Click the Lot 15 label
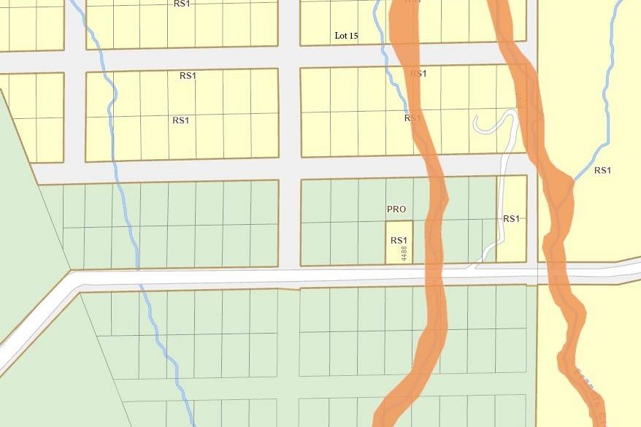pos(346,36)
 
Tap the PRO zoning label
pos(396,209)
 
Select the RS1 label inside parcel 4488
pos(398,240)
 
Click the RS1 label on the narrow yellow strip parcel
pos(511,218)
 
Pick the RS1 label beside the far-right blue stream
pos(602,171)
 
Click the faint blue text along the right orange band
pos(584,380)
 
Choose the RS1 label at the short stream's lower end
pos(412,118)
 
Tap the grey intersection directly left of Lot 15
pos(290,57)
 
